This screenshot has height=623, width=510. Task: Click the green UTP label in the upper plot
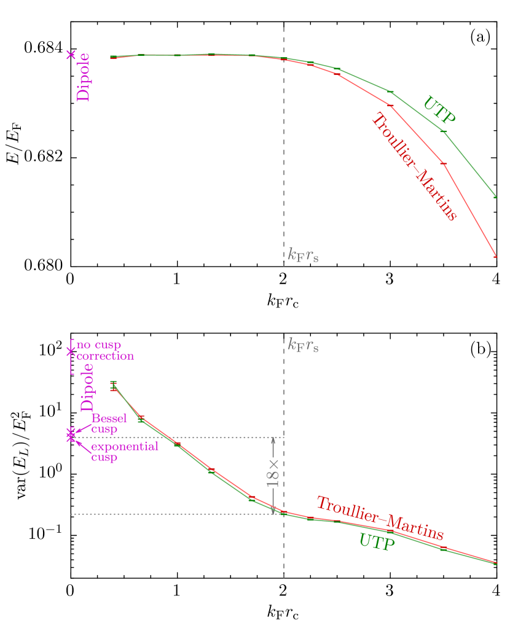click(439, 110)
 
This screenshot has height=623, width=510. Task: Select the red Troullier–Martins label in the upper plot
click(414, 168)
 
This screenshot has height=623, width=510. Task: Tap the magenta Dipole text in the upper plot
click(82, 77)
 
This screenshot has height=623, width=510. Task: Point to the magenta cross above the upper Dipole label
click(71, 55)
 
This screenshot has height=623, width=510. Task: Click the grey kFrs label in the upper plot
click(303, 255)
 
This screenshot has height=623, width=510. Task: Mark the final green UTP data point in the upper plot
click(495, 197)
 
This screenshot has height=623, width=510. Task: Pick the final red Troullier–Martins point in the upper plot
click(495, 257)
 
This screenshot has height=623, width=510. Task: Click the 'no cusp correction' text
click(104, 350)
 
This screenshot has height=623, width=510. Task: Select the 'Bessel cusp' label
click(109, 424)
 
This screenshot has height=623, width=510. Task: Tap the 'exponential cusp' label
click(124, 451)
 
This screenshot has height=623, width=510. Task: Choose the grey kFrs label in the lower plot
click(303, 345)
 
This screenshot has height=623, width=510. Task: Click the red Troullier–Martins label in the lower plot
click(380, 518)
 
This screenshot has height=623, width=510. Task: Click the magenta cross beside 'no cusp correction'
click(71, 352)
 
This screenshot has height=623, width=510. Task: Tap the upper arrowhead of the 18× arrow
click(273, 441)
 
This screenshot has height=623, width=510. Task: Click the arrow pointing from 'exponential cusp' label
click(82, 444)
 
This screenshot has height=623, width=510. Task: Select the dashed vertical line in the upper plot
click(284, 153)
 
